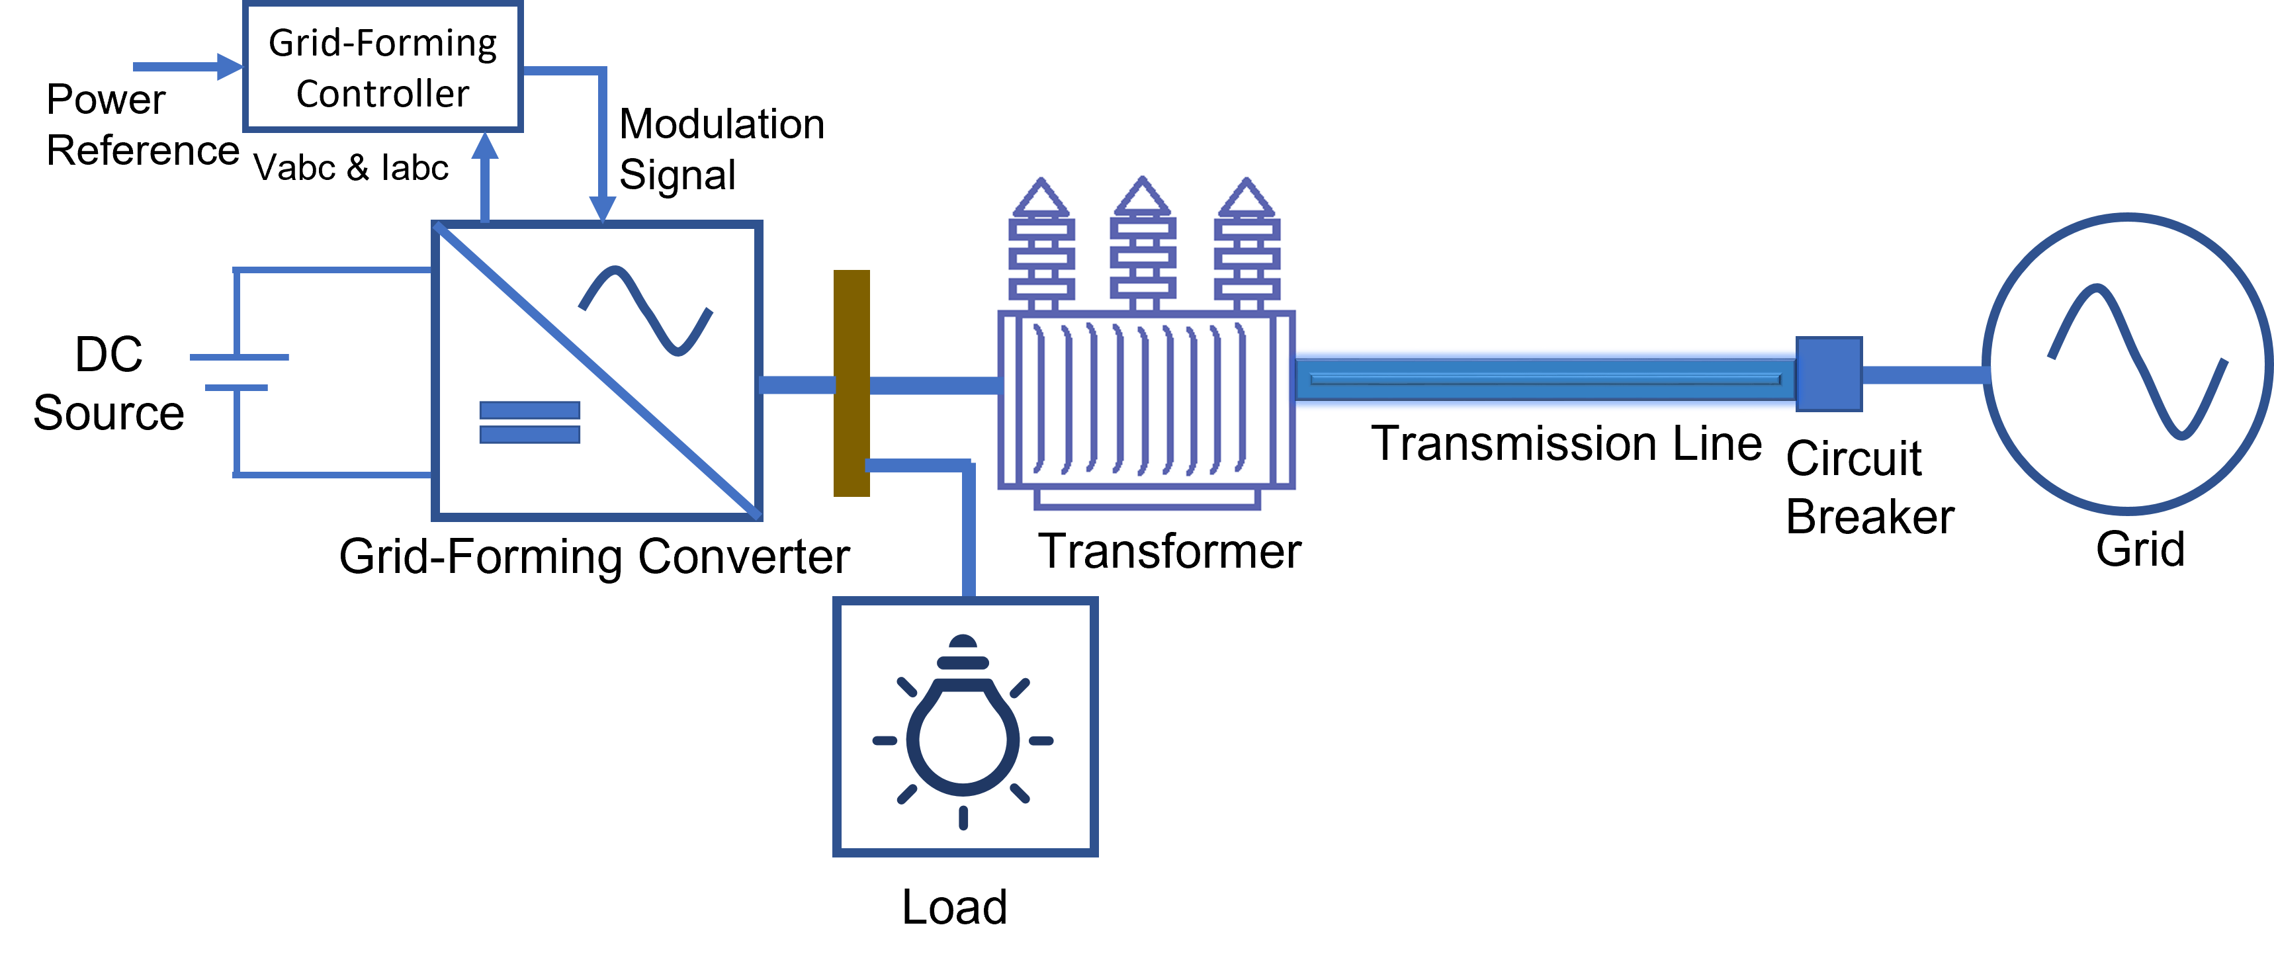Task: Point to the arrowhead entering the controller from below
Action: pyautogui.click(x=484, y=146)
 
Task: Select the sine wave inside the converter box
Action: pyautogui.click(x=644, y=311)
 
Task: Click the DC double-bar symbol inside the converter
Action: pyautogui.click(x=530, y=422)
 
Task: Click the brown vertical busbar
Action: pyautogui.click(x=851, y=383)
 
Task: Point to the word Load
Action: pyautogui.click(x=954, y=906)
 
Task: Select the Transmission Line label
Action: pyautogui.click(x=1566, y=443)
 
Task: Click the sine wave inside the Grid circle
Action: pyautogui.click(x=2137, y=362)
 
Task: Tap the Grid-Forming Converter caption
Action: pyautogui.click(x=593, y=557)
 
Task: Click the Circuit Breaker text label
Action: pyautogui.click(x=1869, y=488)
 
